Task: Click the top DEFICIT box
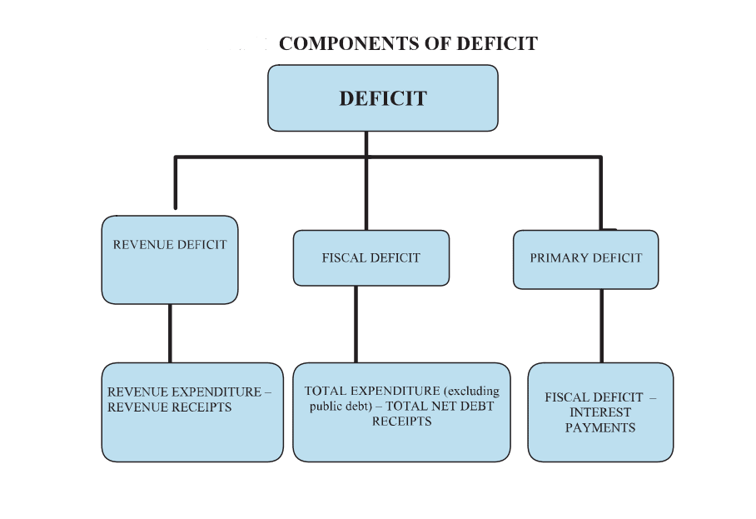[382, 98]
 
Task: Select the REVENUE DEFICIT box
[170, 259]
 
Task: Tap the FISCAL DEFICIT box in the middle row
[371, 257]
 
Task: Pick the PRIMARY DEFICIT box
[585, 259]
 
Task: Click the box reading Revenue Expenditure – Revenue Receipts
[192, 412]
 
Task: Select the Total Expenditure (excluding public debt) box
[401, 412]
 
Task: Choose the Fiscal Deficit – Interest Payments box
[600, 412]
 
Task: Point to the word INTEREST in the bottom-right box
[599, 412]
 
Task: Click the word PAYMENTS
[599, 428]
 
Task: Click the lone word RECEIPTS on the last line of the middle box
[401, 422]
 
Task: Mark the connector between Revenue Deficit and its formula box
[170, 333]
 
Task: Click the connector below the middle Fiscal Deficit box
[356, 324]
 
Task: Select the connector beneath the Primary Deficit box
[601, 326]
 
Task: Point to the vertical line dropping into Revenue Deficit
[175, 183]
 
